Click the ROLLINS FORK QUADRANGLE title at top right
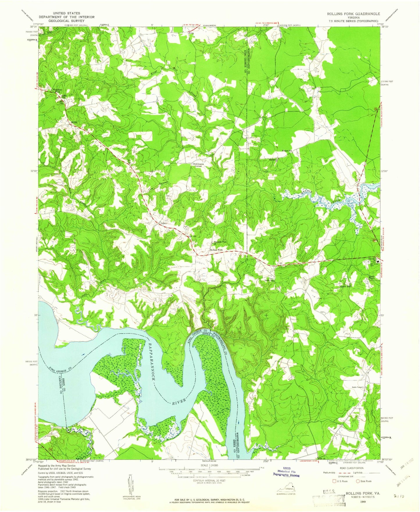[x=353, y=14]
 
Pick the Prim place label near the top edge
[x=191, y=33]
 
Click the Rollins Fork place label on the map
[x=216, y=250]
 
